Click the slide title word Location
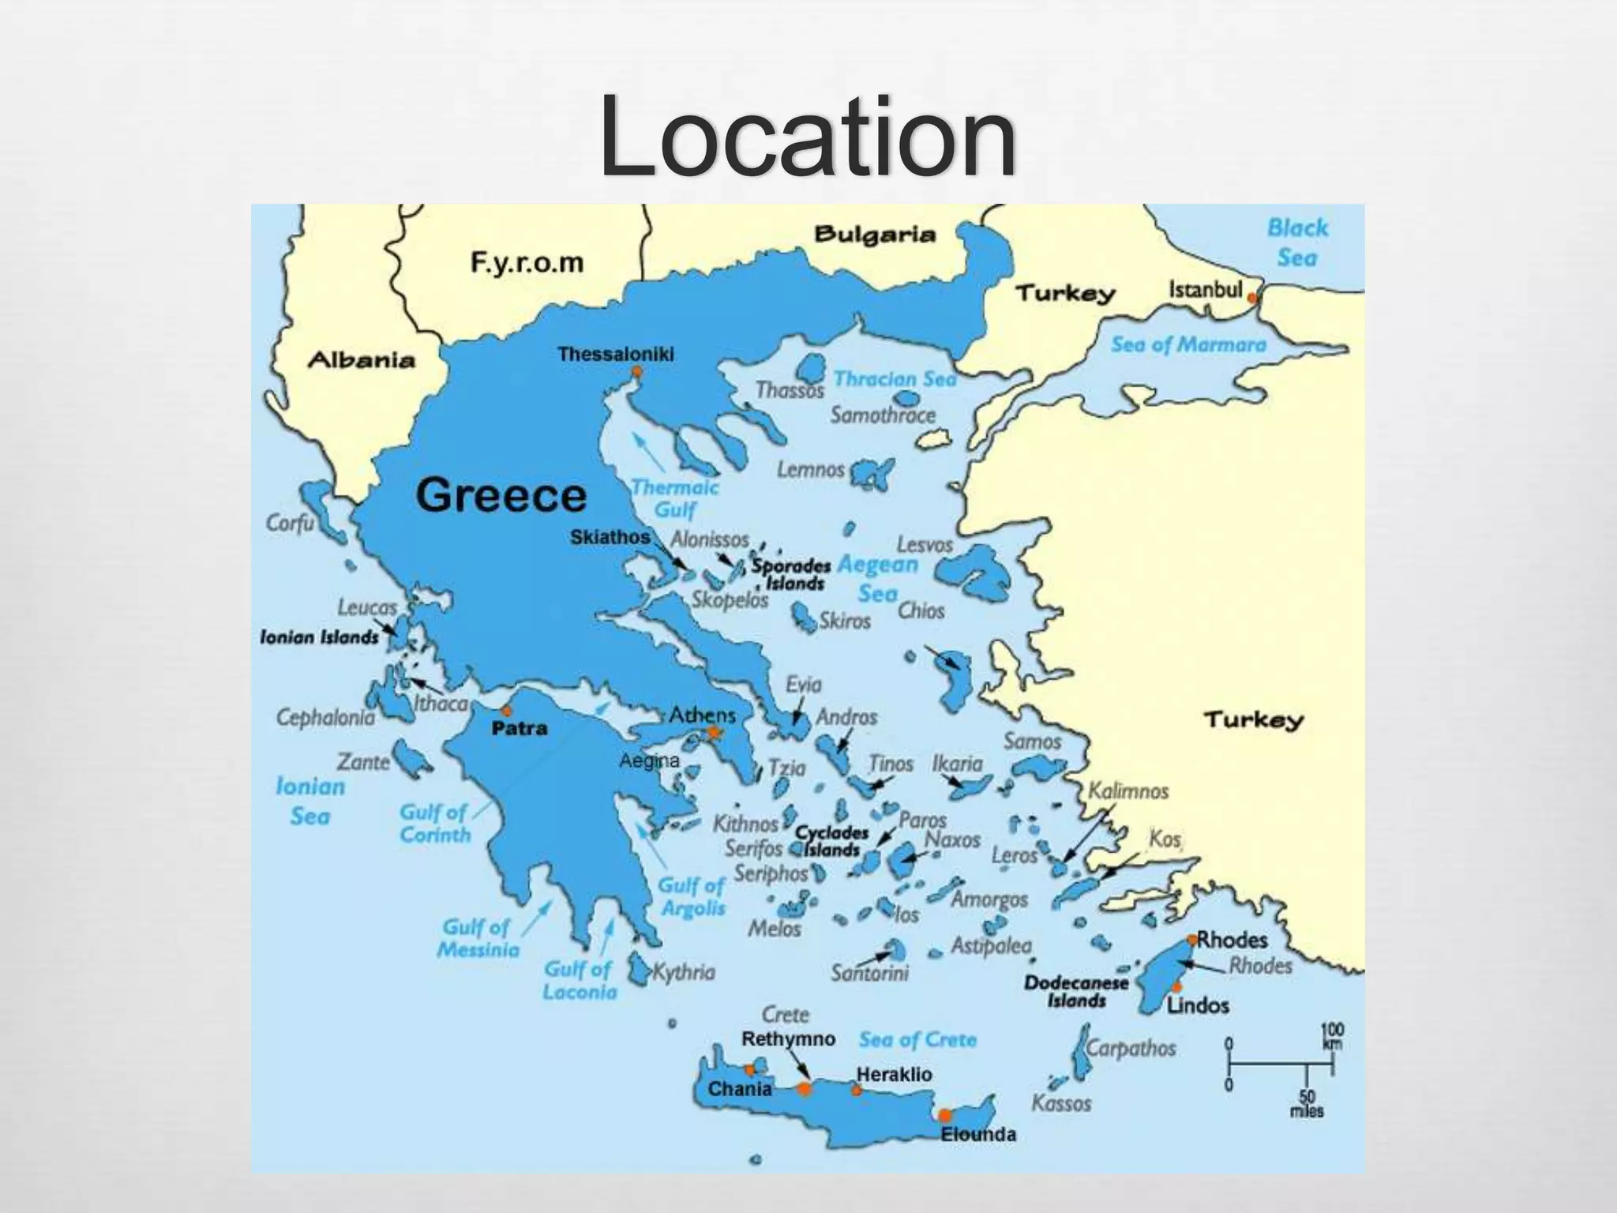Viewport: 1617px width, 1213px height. [x=807, y=138]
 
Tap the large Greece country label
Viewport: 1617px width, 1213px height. [x=501, y=495]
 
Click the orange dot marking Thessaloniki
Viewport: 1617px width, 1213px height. [x=636, y=371]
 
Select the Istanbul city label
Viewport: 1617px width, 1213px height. [x=1205, y=290]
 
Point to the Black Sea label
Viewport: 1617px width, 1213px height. [x=1297, y=242]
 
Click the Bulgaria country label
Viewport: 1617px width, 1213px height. [x=874, y=234]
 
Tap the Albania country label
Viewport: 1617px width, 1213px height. [x=361, y=360]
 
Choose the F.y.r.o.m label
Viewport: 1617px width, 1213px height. [x=527, y=262]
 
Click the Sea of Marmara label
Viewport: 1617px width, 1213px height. [x=1188, y=344]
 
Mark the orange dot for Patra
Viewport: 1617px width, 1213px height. [x=506, y=711]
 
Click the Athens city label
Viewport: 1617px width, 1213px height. [x=702, y=715]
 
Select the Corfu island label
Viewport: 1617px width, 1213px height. [x=290, y=523]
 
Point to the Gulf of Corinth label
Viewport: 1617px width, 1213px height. [x=434, y=823]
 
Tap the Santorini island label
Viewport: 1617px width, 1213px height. [x=869, y=973]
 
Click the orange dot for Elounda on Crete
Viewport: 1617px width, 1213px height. [x=944, y=1115]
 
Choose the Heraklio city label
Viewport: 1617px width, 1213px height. [x=894, y=1074]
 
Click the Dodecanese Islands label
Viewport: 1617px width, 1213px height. [x=1076, y=992]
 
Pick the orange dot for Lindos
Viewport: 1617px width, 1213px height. [x=1177, y=986]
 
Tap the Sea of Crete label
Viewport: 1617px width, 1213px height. [x=917, y=1039]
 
